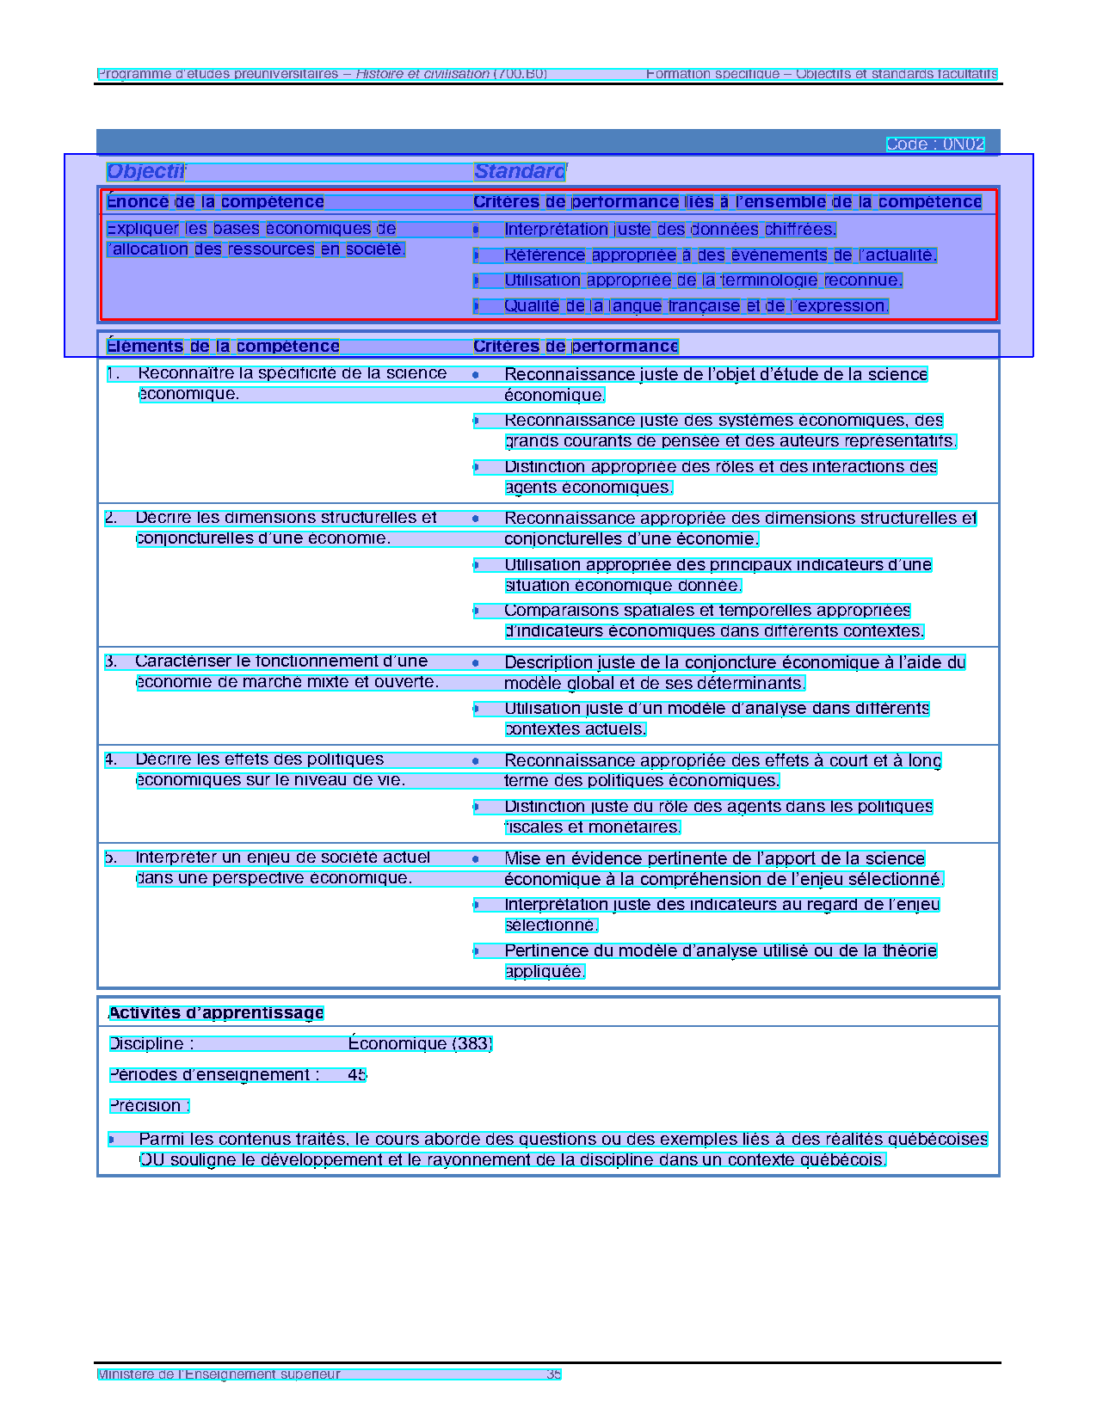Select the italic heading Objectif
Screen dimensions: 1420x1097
pyautogui.click(x=145, y=171)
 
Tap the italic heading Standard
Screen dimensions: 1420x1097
pyautogui.click(x=520, y=171)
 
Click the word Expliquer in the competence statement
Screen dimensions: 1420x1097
pyautogui.click(x=143, y=229)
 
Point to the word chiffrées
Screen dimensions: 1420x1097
pyautogui.click(x=800, y=230)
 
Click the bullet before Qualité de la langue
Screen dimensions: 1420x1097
pyautogui.click(x=476, y=306)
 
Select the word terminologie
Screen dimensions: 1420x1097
pyautogui.click(x=769, y=280)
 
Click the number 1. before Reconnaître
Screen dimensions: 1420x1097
pyautogui.click(x=112, y=374)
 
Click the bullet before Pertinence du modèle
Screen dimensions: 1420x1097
pyautogui.click(x=476, y=951)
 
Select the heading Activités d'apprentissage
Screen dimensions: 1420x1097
pyautogui.click(x=216, y=1013)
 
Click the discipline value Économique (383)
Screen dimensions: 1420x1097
pyautogui.click(x=420, y=1044)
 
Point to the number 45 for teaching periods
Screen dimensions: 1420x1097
pyautogui.click(x=357, y=1075)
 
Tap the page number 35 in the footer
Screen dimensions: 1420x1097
pyautogui.click(x=553, y=1374)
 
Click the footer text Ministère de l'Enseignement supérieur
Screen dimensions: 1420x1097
pyautogui.click(x=219, y=1374)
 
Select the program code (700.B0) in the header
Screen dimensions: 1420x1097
pyautogui.click(x=521, y=74)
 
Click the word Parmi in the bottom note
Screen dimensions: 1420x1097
pyautogui.click(x=161, y=1140)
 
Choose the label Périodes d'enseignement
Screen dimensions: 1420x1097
pyautogui.click(x=213, y=1075)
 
